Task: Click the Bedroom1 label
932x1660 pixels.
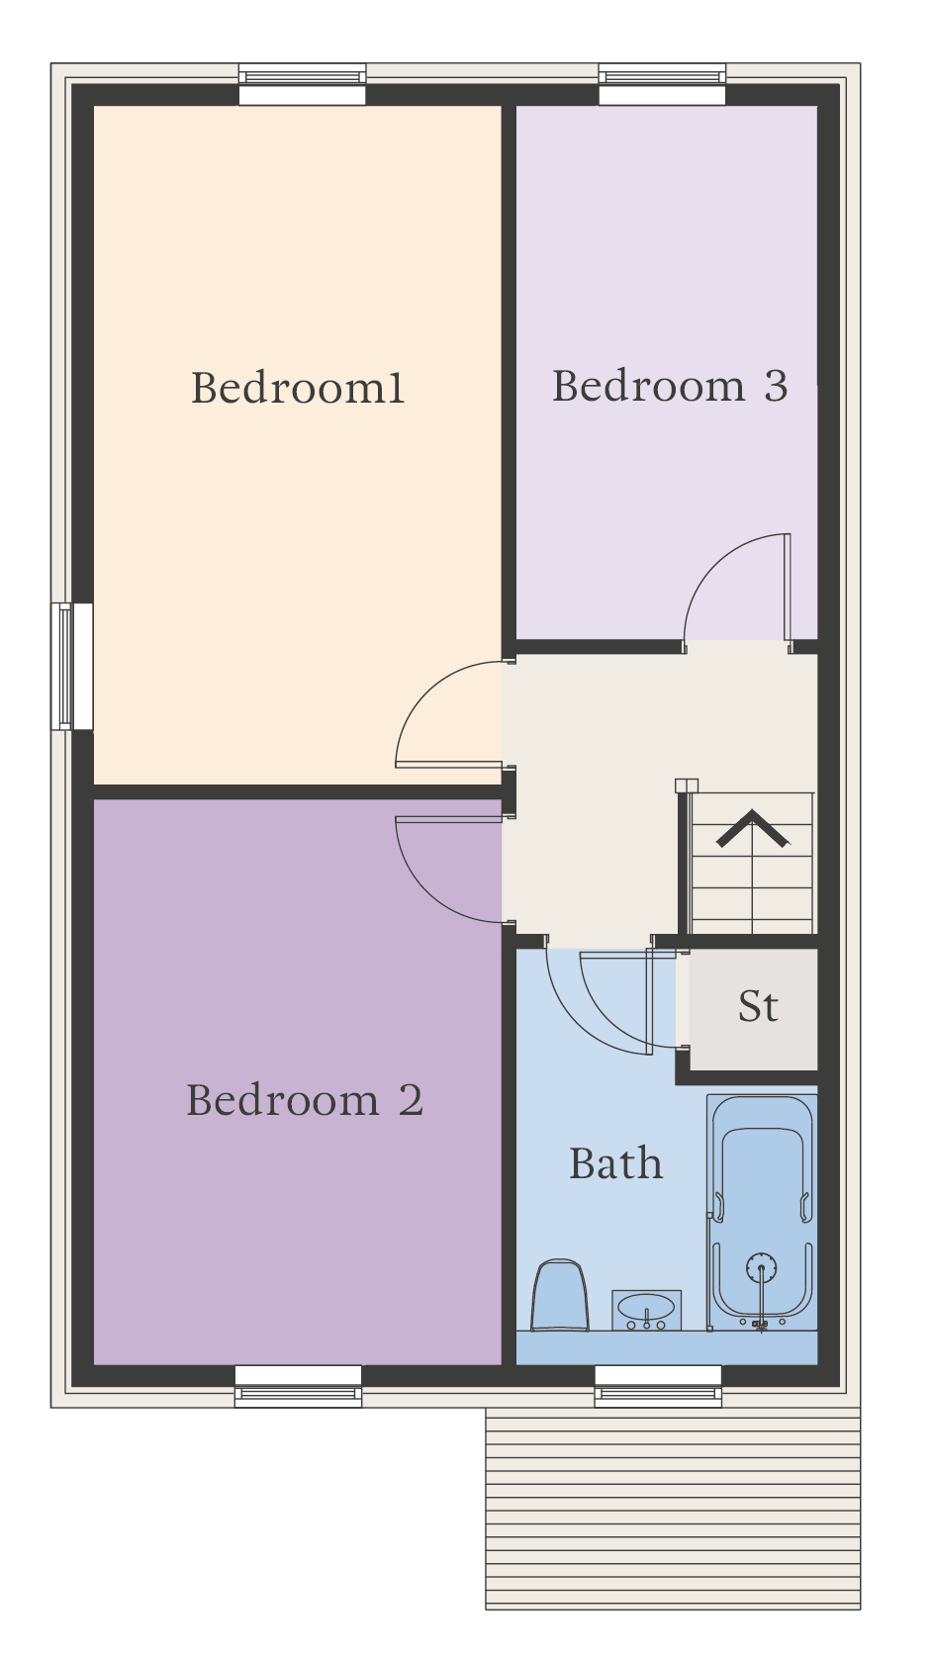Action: (298, 388)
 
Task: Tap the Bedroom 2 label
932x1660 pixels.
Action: (305, 1100)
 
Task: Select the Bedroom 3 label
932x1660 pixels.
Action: (670, 386)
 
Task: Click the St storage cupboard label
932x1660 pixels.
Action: (758, 1006)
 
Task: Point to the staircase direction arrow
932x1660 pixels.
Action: (752, 829)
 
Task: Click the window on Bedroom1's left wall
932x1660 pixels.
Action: (72, 666)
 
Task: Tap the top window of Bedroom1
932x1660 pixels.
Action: (303, 84)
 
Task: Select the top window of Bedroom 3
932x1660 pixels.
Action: (662, 84)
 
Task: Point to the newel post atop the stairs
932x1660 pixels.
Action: (687, 785)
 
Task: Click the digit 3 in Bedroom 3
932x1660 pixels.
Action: (777, 386)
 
